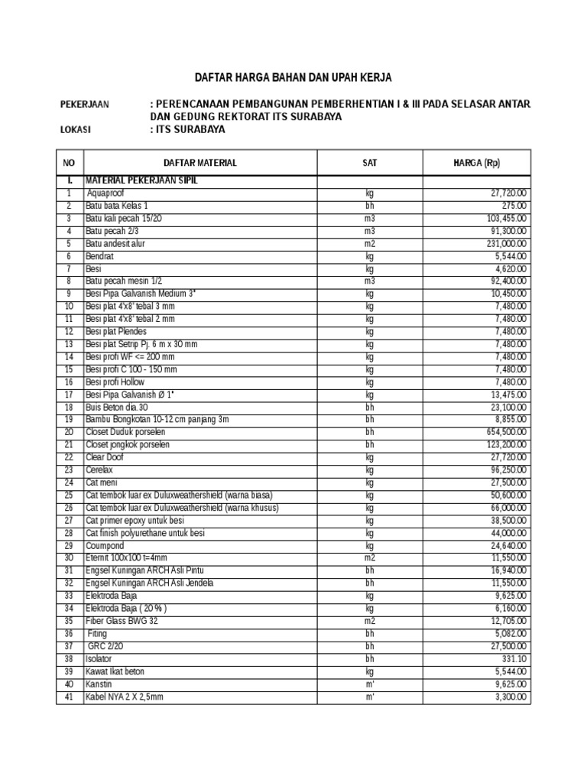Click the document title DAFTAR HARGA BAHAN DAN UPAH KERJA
coord(293,78)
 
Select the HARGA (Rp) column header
coord(477,162)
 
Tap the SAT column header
coord(370,162)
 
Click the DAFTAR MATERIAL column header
coord(200,162)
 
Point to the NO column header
coord(70,162)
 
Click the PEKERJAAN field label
coord(85,104)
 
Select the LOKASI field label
coord(75,129)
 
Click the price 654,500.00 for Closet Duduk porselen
coord(501,432)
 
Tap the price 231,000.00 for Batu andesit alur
coord(501,244)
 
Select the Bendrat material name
coord(100,256)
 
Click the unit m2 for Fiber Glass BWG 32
coord(370,621)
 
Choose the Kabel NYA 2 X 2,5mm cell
coord(125,697)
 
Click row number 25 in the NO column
coord(70,495)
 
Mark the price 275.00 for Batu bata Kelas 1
coord(513,206)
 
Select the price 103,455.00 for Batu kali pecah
coord(501,219)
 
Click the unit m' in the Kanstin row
coord(370,684)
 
